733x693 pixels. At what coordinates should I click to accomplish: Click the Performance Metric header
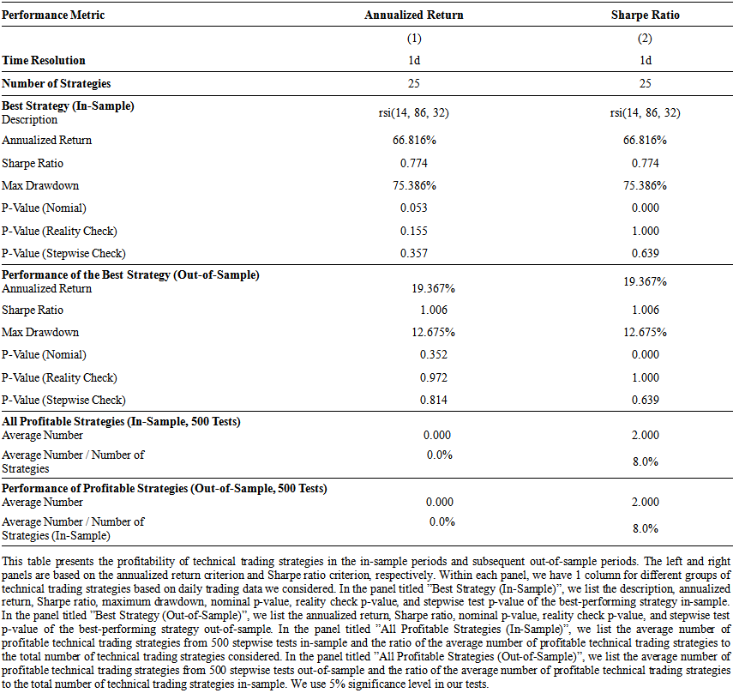[x=53, y=15]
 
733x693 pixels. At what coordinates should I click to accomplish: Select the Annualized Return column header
[x=414, y=15]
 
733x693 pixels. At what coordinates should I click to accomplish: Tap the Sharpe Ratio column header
[x=645, y=15]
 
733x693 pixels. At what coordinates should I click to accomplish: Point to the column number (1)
[x=414, y=39]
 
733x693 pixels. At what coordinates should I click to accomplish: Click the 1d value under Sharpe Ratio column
[x=645, y=60]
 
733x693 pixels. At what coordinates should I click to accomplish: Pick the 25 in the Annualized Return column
[x=414, y=83]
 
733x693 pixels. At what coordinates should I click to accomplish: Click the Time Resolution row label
[x=44, y=60]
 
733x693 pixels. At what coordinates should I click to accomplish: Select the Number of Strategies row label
[x=56, y=83]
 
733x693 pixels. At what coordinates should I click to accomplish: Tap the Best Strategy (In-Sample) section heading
[x=68, y=105]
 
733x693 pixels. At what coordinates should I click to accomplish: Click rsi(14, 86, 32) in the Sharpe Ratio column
[x=645, y=112]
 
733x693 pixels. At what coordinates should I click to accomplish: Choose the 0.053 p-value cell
[x=414, y=208]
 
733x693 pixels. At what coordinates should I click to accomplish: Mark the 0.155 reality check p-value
[x=414, y=231]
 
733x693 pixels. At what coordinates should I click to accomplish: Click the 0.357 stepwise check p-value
[x=414, y=254]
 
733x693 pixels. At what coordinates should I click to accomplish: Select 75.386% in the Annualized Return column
[x=414, y=185]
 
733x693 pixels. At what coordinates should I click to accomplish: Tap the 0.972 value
[x=433, y=378]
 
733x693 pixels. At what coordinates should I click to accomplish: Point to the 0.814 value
[x=433, y=401]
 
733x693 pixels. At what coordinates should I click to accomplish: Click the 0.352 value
[x=433, y=355]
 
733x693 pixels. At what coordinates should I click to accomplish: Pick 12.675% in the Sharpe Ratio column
[x=645, y=333]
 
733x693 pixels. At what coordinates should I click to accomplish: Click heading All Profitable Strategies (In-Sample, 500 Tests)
[x=121, y=421]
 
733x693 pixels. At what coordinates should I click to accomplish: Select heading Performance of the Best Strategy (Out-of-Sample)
[x=130, y=274]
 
